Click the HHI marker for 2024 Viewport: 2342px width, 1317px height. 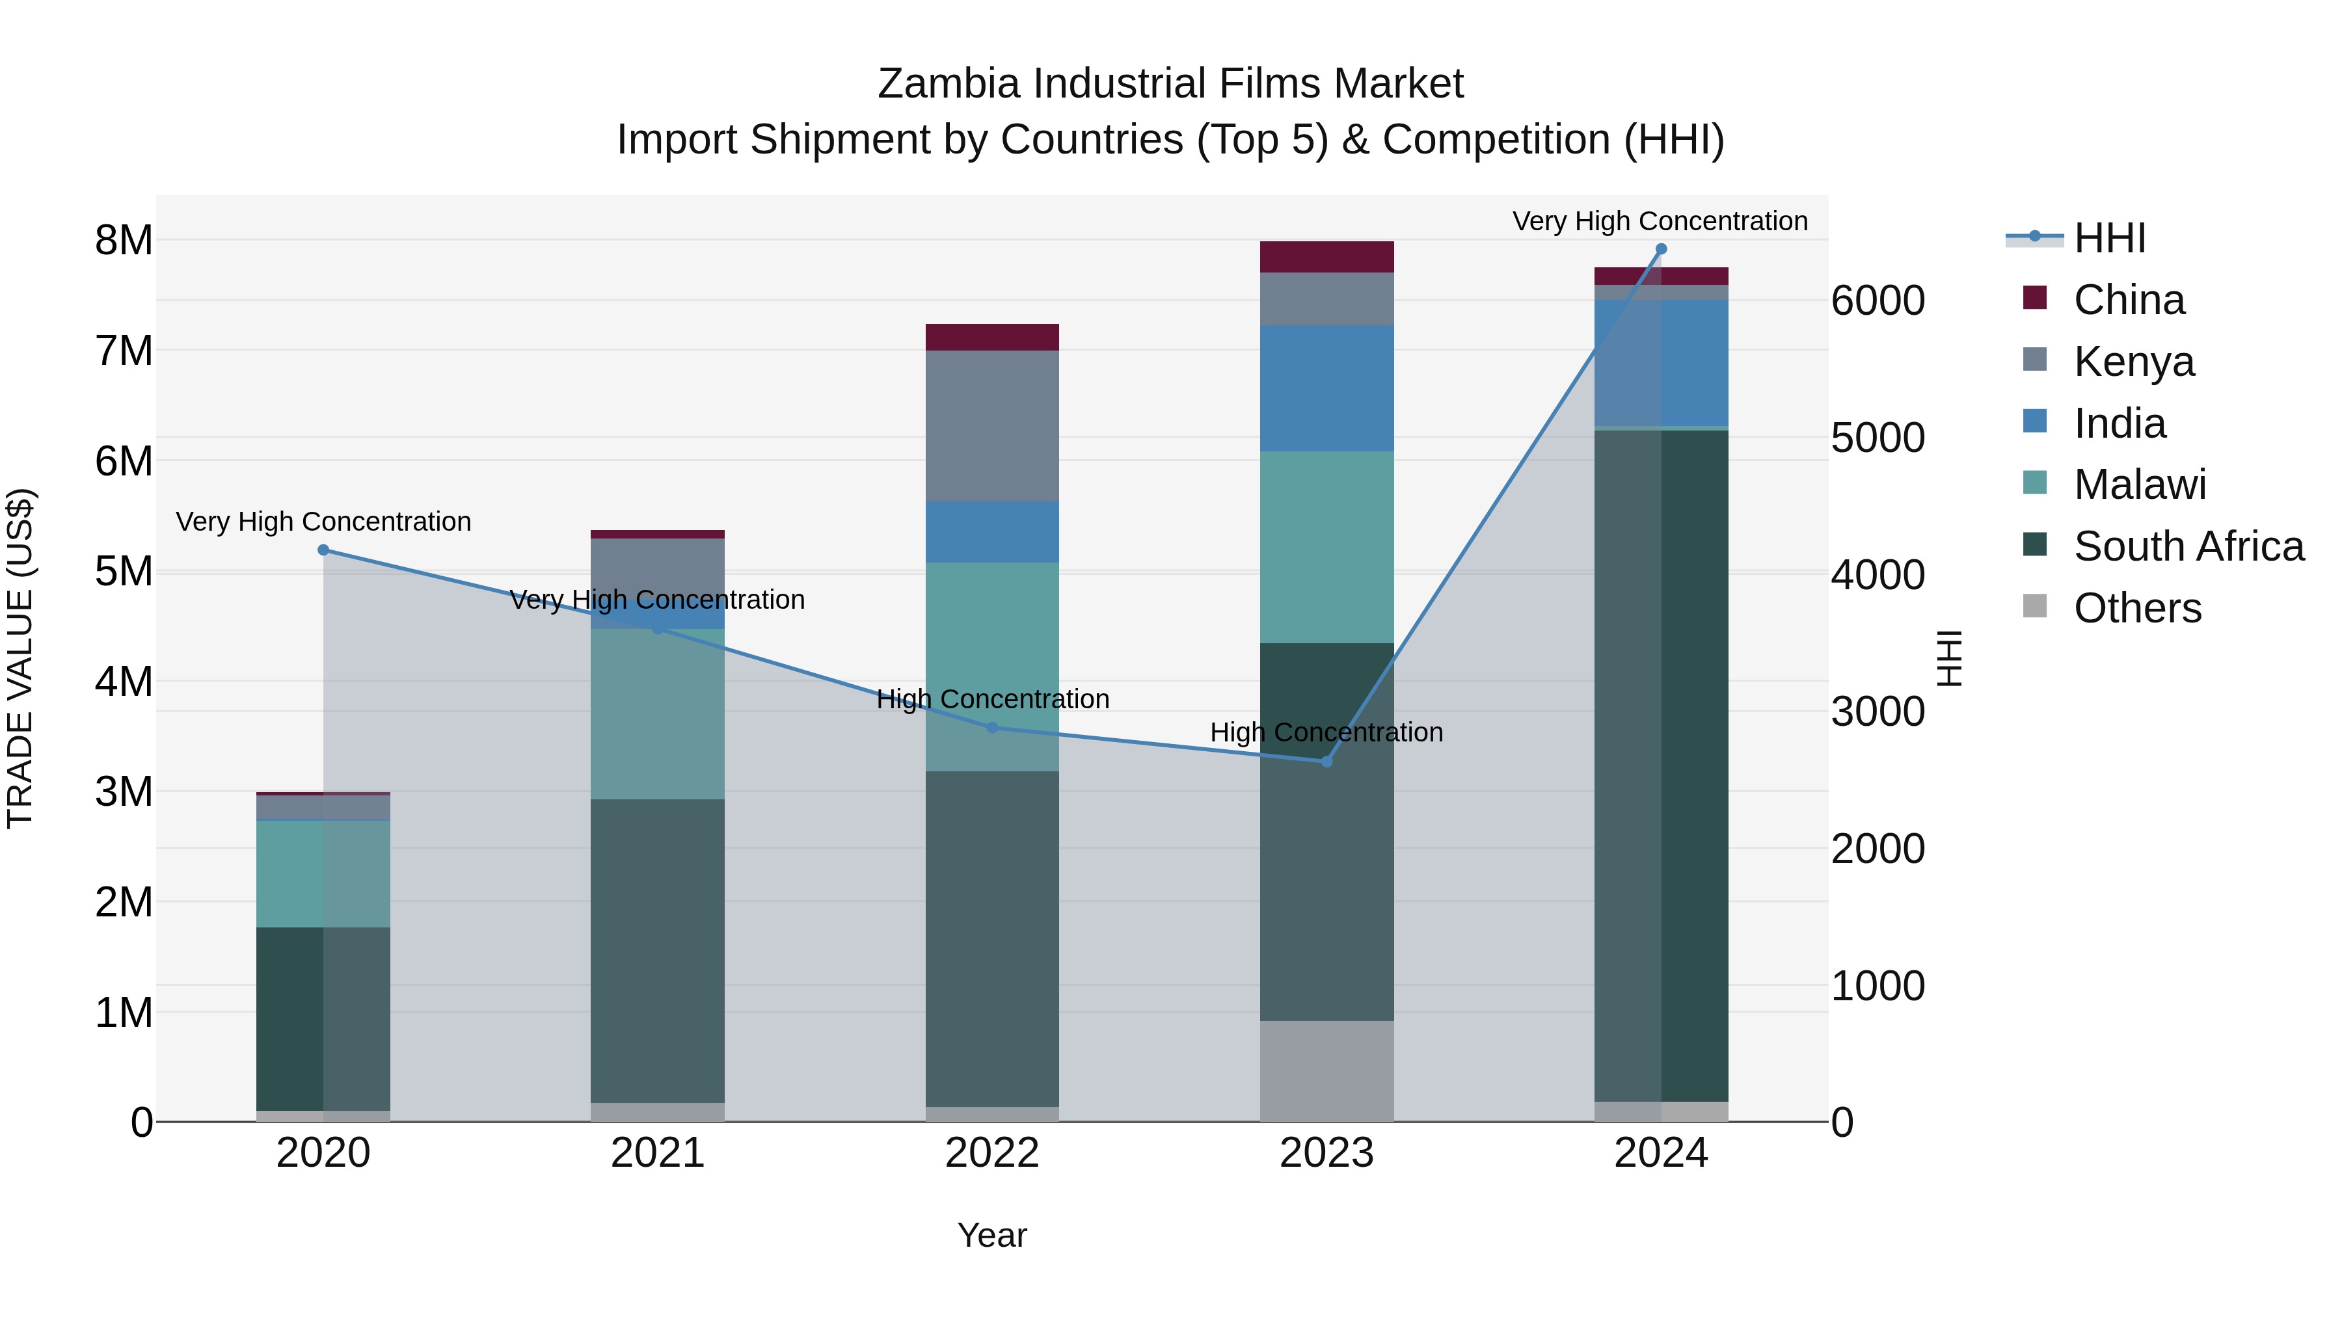(x=1661, y=249)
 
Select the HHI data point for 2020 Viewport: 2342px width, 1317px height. (x=324, y=550)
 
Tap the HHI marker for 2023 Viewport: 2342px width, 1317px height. (x=1326, y=762)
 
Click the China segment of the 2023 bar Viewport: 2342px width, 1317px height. (x=1326, y=257)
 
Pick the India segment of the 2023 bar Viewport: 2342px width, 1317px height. (x=1326, y=388)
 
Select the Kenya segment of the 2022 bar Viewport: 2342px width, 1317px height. (x=992, y=425)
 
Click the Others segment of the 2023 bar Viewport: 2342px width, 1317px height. (x=1326, y=1071)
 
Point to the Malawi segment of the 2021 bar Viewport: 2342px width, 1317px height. (x=657, y=714)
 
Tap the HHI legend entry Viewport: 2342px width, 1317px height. (x=2109, y=238)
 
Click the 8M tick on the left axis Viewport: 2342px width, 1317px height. (x=124, y=241)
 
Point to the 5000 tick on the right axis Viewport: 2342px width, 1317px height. (x=1878, y=438)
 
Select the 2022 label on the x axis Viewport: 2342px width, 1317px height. (x=992, y=1153)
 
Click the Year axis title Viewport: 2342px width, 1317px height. (x=992, y=1235)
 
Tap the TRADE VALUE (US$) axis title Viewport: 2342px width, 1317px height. (x=21, y=658)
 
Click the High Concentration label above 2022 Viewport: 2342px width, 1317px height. (x=992, y=699)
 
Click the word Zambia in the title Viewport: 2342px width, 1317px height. (x=949, y=84)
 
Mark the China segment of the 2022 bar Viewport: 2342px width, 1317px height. (x=992, y=337)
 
